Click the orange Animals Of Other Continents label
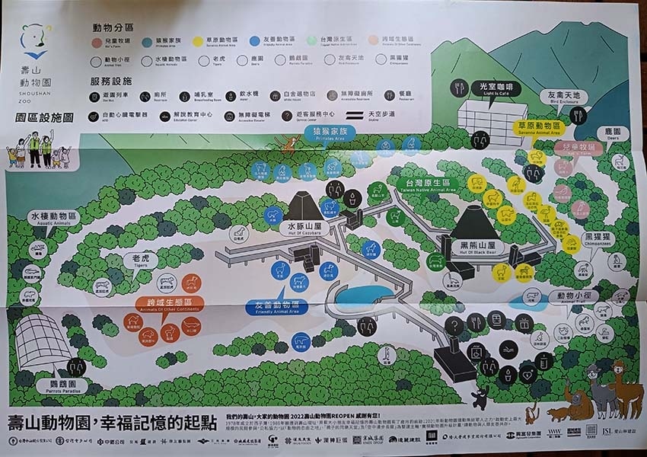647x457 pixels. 160,305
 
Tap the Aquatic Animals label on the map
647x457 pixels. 54,218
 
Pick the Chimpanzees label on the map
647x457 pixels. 598,240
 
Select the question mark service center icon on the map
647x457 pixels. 454,325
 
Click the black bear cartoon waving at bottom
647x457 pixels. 479,397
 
